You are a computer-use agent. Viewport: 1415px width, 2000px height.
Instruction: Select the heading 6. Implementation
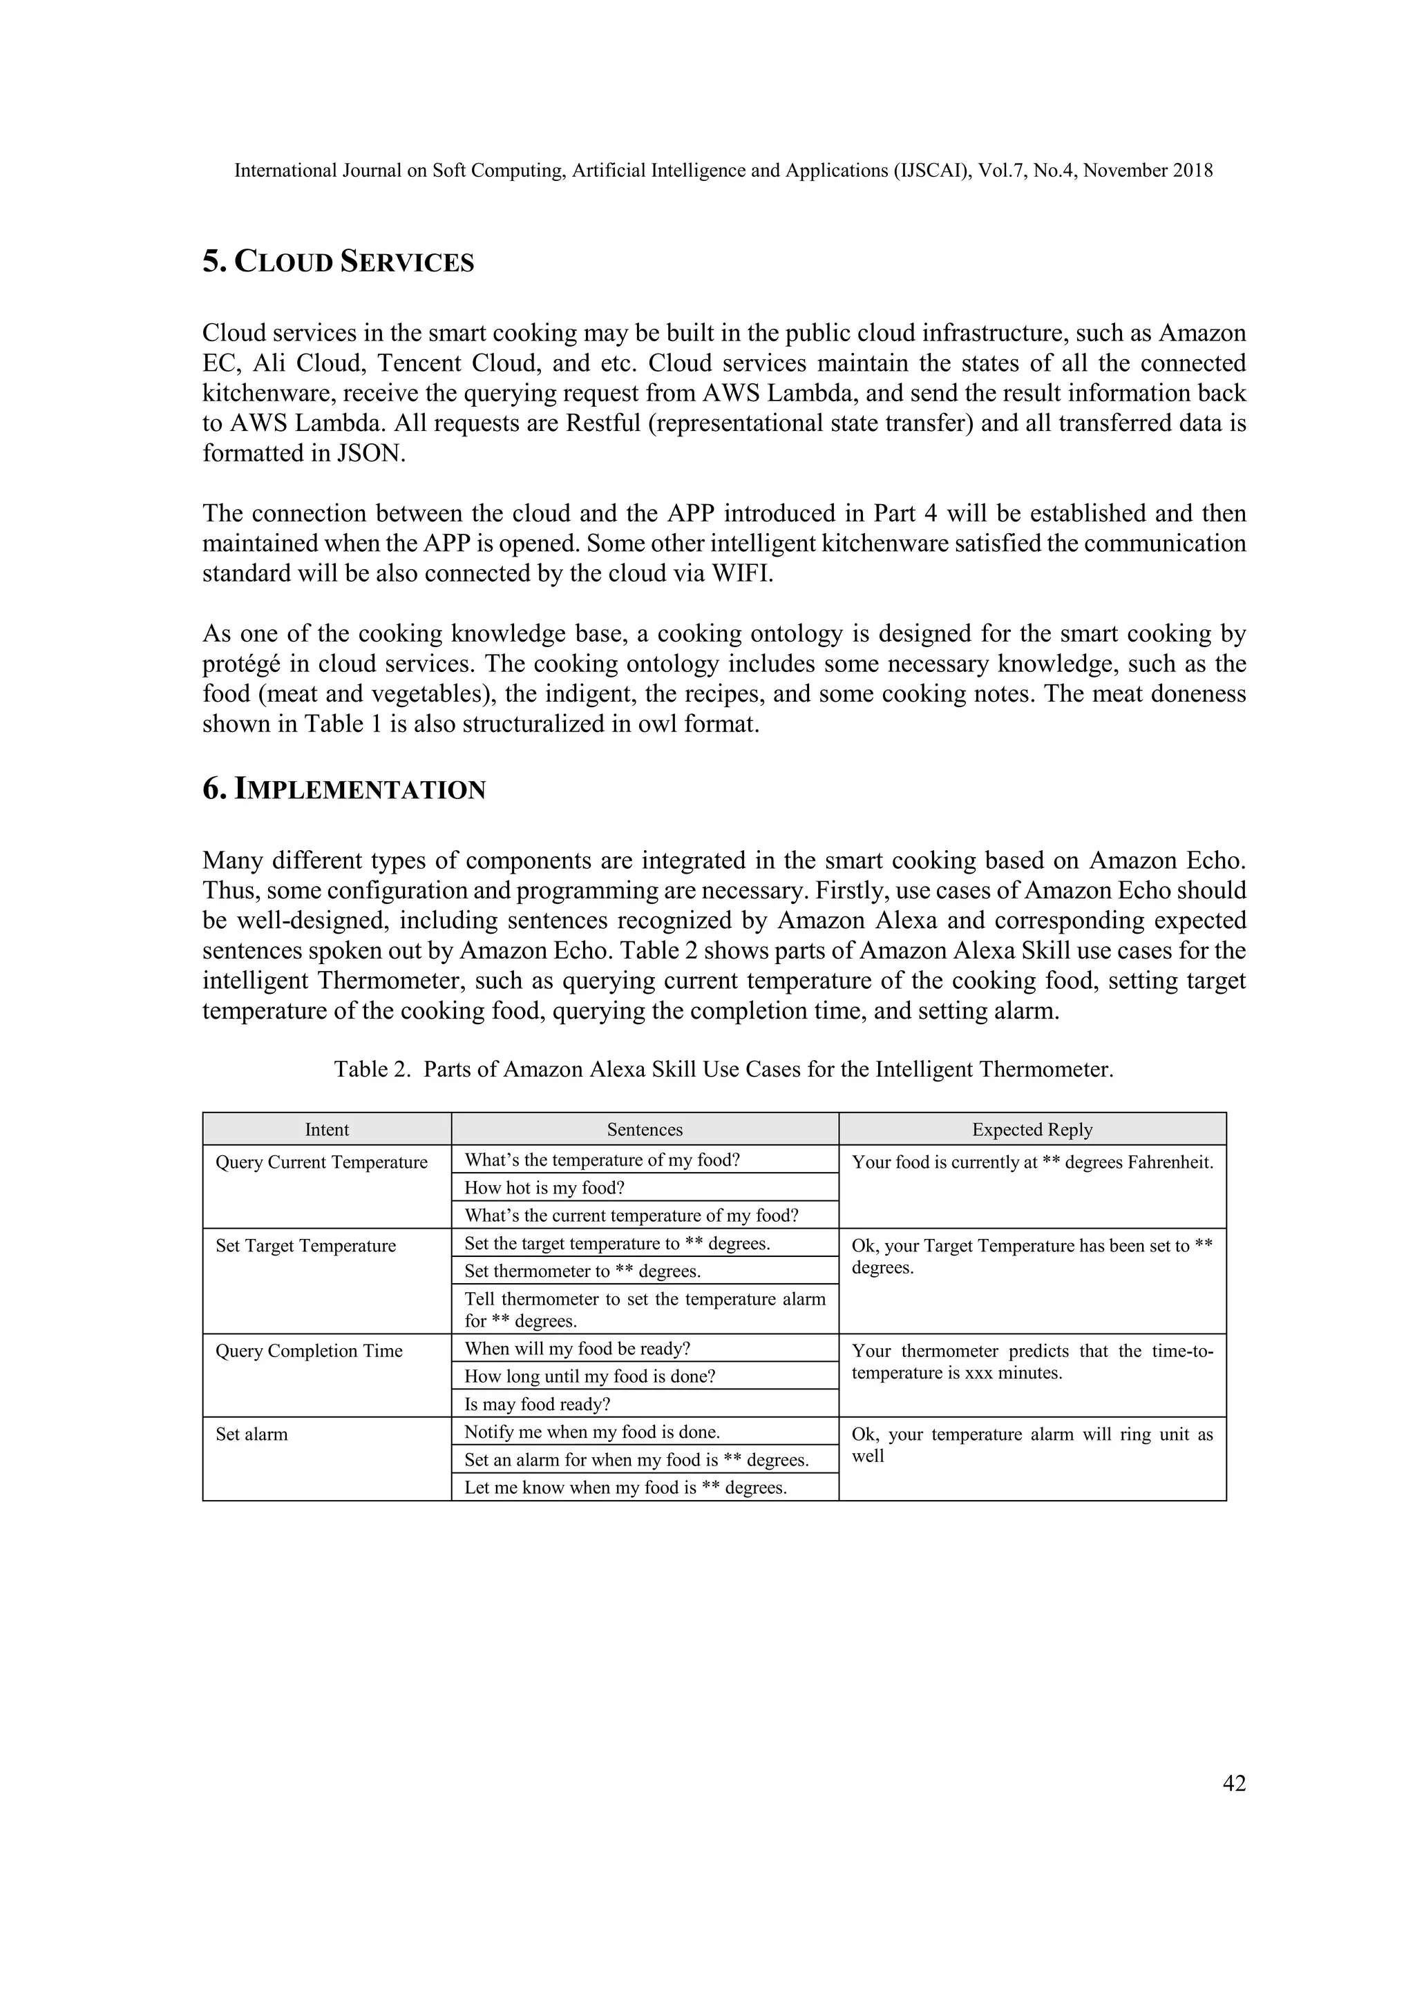(x=344, y=789)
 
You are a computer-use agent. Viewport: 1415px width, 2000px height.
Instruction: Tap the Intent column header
(x=327, y=1129)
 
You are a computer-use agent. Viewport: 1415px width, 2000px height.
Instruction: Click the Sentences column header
(x=645, y=1129)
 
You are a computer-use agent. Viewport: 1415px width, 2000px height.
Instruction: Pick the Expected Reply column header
(x=1032, y=1129)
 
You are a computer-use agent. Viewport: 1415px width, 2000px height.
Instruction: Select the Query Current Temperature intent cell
(x=321, y=1162)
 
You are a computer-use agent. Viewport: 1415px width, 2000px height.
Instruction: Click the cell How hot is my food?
(x=544, y=1187)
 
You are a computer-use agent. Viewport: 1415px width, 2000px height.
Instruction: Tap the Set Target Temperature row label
(x=306, y=1246)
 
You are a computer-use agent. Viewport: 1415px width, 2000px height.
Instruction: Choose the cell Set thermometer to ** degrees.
(x=582, y=1271)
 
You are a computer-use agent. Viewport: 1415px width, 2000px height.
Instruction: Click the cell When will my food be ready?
(x=577, y=1349)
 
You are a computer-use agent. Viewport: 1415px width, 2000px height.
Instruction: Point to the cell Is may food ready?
(x=537, y=1404)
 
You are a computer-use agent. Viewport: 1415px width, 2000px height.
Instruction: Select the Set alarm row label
(x=251, y=1434)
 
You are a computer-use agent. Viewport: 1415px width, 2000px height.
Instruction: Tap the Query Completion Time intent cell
(x=310, y=1351)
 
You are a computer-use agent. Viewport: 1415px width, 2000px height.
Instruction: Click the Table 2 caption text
(x=723, y=1069)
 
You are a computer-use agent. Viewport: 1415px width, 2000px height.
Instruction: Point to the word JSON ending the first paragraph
(x=370, y=454)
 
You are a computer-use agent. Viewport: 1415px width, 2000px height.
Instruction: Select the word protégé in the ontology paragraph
(x=241, y=664)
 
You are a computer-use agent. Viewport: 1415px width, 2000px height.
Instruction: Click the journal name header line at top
(x=723, y=171)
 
